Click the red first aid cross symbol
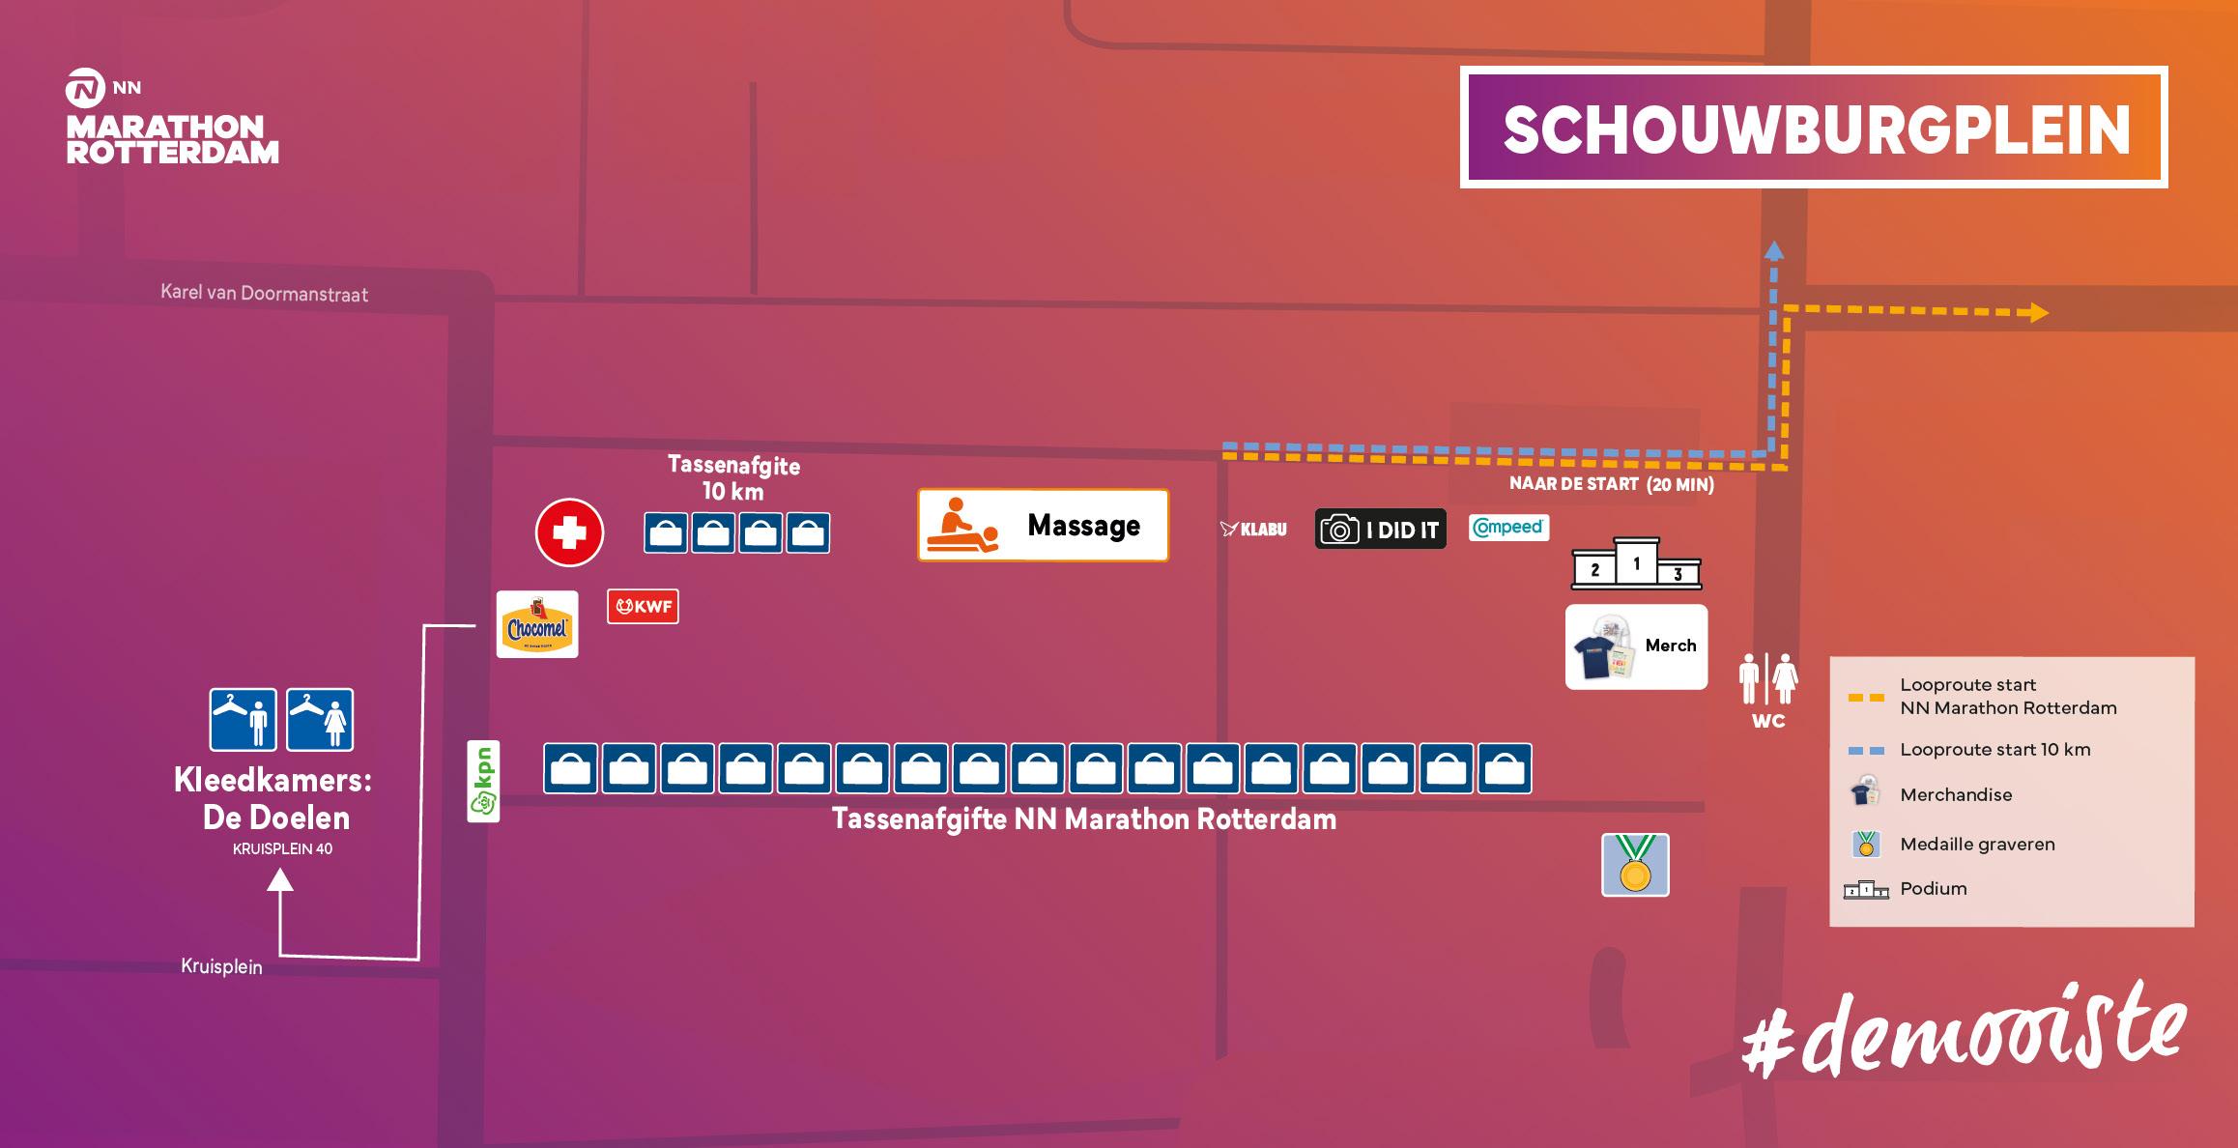569,532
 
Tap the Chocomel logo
537,625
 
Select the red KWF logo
643,607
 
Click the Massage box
1043,526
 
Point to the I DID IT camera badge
1380,530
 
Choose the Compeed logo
1508,528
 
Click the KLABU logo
1253,530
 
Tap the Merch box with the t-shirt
1636,646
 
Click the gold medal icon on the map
1635,866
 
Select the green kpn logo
483,781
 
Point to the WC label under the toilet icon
1768,721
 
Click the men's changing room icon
244,720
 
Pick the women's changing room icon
320,720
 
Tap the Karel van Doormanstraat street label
264,293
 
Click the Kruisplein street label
221,966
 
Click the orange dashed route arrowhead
2038,312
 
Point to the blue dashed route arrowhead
1773,251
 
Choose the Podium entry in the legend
1933,889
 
